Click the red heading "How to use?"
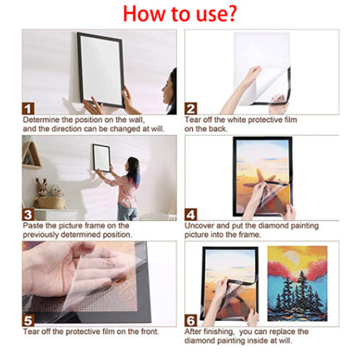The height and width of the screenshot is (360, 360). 181,15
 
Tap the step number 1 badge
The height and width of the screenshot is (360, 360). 28,108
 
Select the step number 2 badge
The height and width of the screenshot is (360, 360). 191,108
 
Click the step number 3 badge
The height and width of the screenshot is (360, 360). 28,214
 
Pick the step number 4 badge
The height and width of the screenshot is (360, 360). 191,214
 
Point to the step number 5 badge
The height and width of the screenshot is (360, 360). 28,320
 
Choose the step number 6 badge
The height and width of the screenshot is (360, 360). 191,320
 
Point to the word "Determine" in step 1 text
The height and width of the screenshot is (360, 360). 40,120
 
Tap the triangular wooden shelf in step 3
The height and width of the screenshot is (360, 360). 31,155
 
